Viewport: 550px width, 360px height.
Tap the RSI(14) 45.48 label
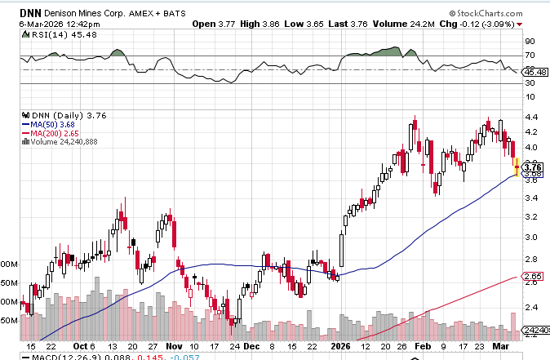click(42, 34)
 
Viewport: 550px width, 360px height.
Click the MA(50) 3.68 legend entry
click(56, 124)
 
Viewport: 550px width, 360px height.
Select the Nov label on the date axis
click(174, 346)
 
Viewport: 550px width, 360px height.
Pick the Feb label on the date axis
click(423, 346)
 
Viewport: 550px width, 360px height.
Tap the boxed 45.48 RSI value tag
click(535, 73)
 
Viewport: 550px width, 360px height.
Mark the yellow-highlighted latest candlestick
click(517, 167)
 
